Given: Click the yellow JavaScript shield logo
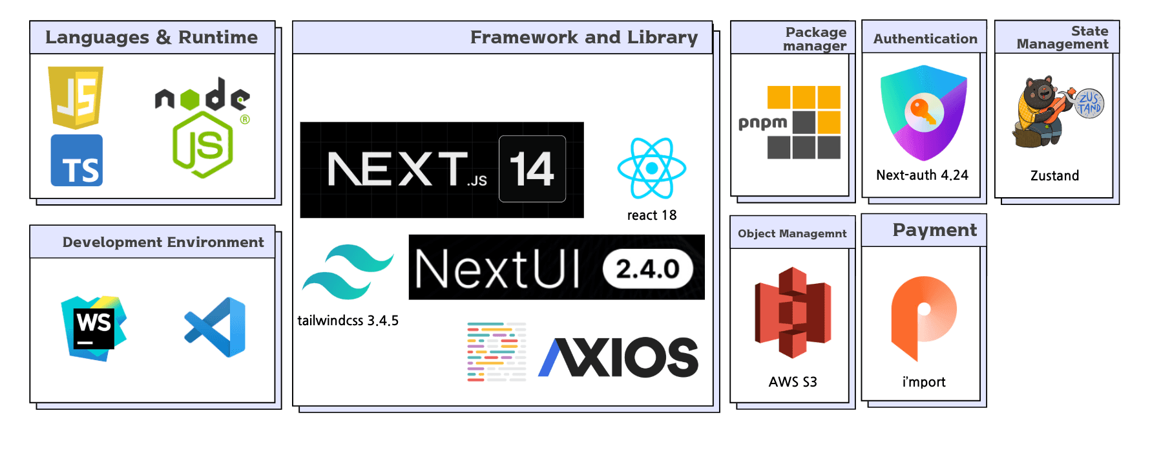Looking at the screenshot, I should click(x=76, y=96).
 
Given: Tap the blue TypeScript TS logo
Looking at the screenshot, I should click(x=77, y=160).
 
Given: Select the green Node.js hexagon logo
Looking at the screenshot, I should click(x=203, y=144).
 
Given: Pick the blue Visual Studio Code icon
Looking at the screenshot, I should click(x=216, y=327).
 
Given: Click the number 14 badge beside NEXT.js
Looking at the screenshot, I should click(x=532, y=169).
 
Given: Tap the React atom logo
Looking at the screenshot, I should click(x=651, y=168).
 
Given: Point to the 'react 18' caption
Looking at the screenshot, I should click(x=651, y=215).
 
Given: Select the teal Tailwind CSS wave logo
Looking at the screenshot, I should click(x=348, y=272).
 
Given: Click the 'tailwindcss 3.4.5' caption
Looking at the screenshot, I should click(x=348, y=321).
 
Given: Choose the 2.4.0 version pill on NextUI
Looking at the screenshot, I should click(x=647, y=268).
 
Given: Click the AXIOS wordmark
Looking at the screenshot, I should click(x=618, y=357).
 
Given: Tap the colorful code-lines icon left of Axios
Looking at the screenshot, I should click(x=496, y=352).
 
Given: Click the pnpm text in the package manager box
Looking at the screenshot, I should click(x=762, y=122).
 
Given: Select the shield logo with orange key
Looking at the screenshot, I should click(x=923, y=112).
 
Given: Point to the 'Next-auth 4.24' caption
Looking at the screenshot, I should click(x=922, y=175).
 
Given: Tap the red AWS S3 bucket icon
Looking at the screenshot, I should click(x=793, y=312).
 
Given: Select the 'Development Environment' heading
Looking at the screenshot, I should click(x=163, y=242).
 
